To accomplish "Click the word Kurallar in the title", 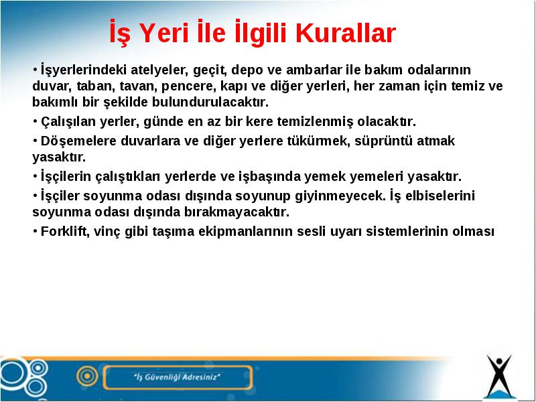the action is [x=348, y=33].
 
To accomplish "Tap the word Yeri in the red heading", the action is [x=164, y=33].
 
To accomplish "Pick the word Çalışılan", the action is [x=68, y=122].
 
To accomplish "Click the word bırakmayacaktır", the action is [x=237, y=212].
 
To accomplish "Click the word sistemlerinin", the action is [x=407, y=232].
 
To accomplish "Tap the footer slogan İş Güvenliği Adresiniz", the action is [x=177, y=377].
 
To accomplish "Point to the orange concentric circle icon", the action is [x=88, y=376].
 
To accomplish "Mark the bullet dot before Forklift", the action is [x=35, y=230].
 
